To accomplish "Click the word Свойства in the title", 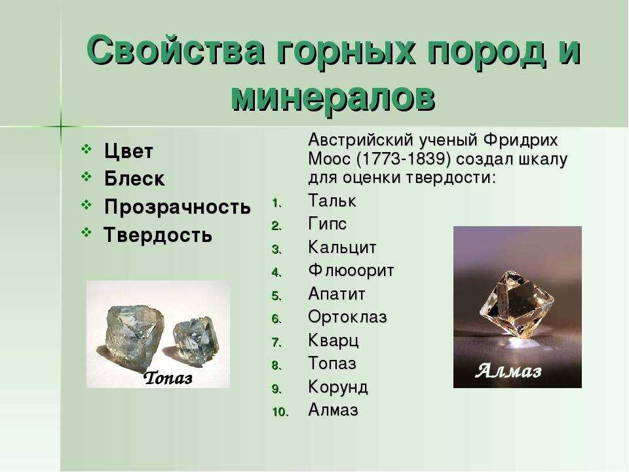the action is [x=176, y=51].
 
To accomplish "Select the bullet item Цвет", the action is [x=128, y=151].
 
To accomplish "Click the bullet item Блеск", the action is [x=134, y=178].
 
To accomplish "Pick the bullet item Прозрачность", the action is [x=178, y=207].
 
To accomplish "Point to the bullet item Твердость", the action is [x=158, y=235].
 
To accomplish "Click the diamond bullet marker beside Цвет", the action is [x=86, y=149].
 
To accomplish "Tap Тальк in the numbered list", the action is [x=332, y=201].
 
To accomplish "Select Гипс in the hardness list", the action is [x=327, y=224].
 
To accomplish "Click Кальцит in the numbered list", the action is [x=342, y=247].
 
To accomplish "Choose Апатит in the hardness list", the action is [x=337, y=294].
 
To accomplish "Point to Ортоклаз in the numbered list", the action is [x=347, y=317].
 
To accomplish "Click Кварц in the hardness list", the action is [x=333, y=341].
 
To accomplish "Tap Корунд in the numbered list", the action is [x=338, y=387].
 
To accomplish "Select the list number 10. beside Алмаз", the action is [x=280, y=412].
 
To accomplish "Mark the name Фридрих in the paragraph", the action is [x=520, y=140].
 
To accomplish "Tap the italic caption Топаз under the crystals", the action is [x=168, y=378].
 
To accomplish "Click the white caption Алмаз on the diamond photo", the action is [x=508, y=370].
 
